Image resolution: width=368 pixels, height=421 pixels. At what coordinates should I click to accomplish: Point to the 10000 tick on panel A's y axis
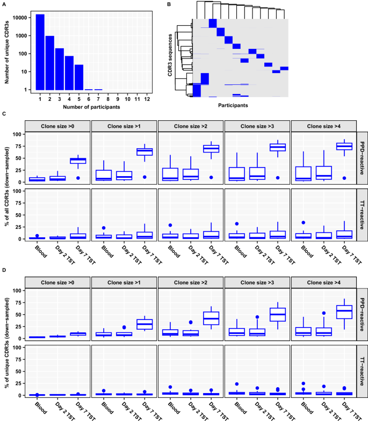click(x=20, y=18)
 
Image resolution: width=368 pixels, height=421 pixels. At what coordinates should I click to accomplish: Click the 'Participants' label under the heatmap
click(x=233, y=105)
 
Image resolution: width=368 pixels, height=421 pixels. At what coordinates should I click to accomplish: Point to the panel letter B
click(x=170, y=5)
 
